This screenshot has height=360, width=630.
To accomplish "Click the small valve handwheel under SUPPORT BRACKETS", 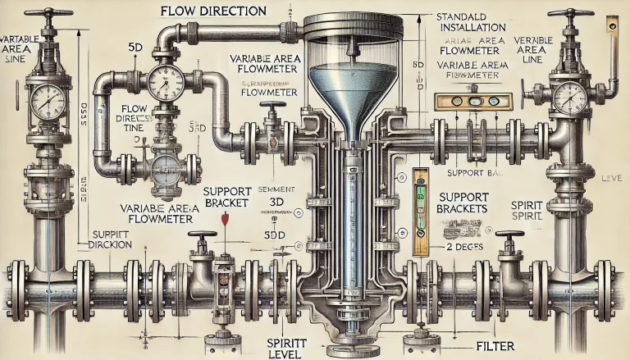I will point(509,237).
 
